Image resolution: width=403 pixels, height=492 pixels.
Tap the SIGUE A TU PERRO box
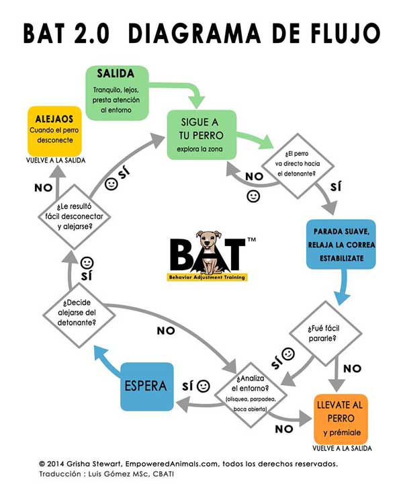click(201, 134)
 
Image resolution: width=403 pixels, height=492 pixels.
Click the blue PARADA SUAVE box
click(340, 243)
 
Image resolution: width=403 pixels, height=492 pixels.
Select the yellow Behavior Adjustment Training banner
click(207, 276)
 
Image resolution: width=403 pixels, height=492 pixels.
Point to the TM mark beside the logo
click(251, 238)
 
